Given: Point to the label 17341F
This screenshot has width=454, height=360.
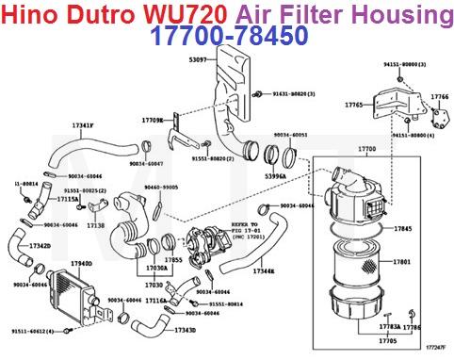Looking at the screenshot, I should pyautogui.click(x=83, y=126).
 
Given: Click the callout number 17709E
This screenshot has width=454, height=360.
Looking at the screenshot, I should pyautogui.click(x=153, y=121).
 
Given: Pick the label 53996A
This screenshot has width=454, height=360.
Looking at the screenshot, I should pyautogui.click(x=275, y=176).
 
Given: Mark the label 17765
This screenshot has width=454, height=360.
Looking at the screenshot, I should pyautogui.click(x=354, y=106).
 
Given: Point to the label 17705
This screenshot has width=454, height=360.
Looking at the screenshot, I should pyautogui.click(x=387, y=339).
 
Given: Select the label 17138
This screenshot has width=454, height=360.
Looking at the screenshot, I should pyautogui.click(x=96, y=226).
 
